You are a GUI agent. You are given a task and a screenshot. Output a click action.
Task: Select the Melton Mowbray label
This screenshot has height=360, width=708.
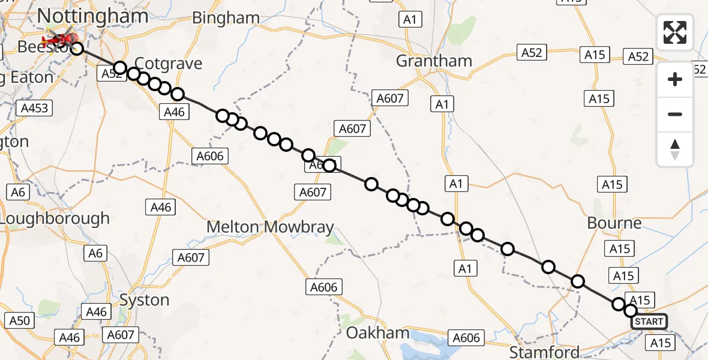pyautogui.click(x=270, y=227)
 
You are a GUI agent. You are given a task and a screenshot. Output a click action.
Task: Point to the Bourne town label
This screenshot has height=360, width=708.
pyautogui.click(x=614, y=223)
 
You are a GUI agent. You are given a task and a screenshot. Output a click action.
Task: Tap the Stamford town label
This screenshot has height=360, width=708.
pyautogui.click(x=545, y=352)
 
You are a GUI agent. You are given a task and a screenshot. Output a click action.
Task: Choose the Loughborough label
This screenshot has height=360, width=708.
pyautogui.click(x=55, y=218)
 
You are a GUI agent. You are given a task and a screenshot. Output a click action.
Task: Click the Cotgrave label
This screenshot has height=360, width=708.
pyautogui.click(x=169, y=64)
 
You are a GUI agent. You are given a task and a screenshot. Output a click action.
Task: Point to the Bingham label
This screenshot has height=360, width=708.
pyautogui.click(x=226, y=18)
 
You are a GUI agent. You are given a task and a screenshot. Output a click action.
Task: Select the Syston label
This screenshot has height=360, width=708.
pyautogui.click(x=144, y=300)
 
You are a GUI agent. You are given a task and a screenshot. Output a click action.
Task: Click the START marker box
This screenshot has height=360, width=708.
pyautogui.click(x=649, y=322)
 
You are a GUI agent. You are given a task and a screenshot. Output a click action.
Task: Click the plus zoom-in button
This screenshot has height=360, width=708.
pyautogui.click(x=675, y=79)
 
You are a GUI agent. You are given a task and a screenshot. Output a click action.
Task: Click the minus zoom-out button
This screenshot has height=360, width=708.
pyautogui.click(x=675, y=114)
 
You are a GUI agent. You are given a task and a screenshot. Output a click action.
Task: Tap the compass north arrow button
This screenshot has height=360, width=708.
pyautogui.click(x=675, y=149)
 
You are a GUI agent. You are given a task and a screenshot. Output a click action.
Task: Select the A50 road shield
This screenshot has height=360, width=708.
pyautogui.click(x=19, y=321)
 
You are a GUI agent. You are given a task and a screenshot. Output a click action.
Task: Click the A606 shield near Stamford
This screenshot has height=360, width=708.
pyautogui.click(x=466, y=338)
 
